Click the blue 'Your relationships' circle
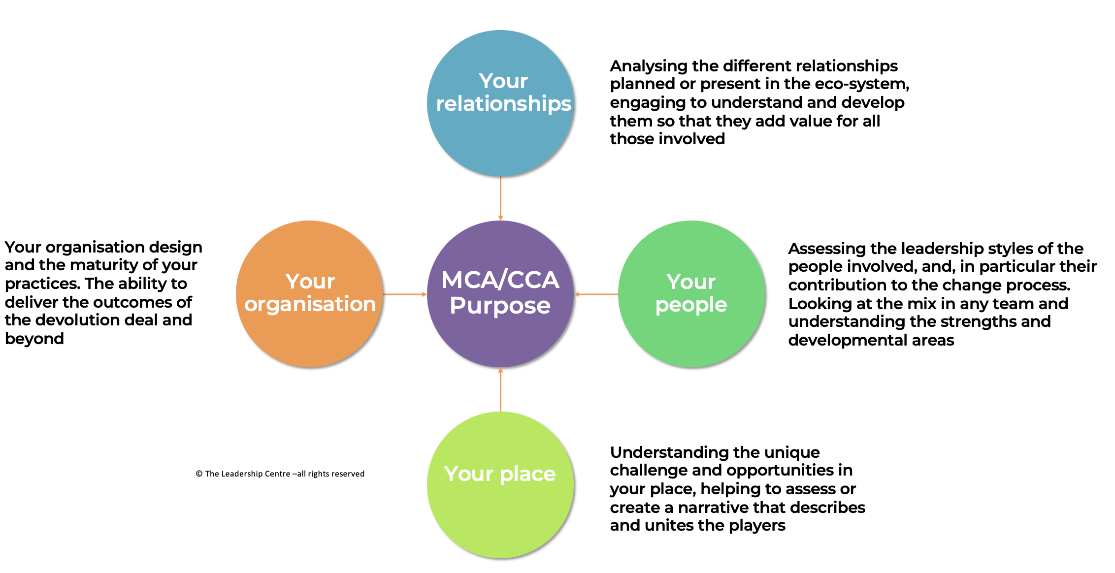[500, 103]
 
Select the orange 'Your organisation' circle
[310, 294]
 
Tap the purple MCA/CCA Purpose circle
[500, 294]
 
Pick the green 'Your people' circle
[691, 294]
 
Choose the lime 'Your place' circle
[500, 485]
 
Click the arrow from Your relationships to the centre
[500, 198]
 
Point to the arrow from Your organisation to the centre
[405, 294]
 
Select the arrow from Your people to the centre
[596, 294]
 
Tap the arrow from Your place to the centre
[500, 389]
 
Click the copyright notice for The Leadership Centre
[280, 474]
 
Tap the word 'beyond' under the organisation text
[34, 339]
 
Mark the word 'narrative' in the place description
[713, 508]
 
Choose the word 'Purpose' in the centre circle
[500, 306]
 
